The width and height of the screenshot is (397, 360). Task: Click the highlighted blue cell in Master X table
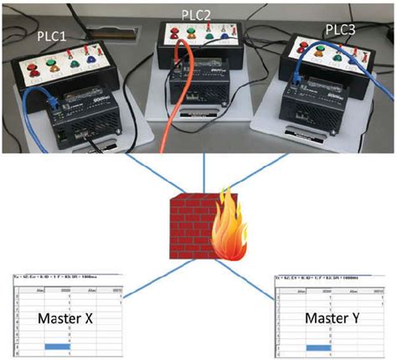click(x=51, y=347)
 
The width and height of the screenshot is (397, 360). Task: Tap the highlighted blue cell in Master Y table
click(x=320, y=347)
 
